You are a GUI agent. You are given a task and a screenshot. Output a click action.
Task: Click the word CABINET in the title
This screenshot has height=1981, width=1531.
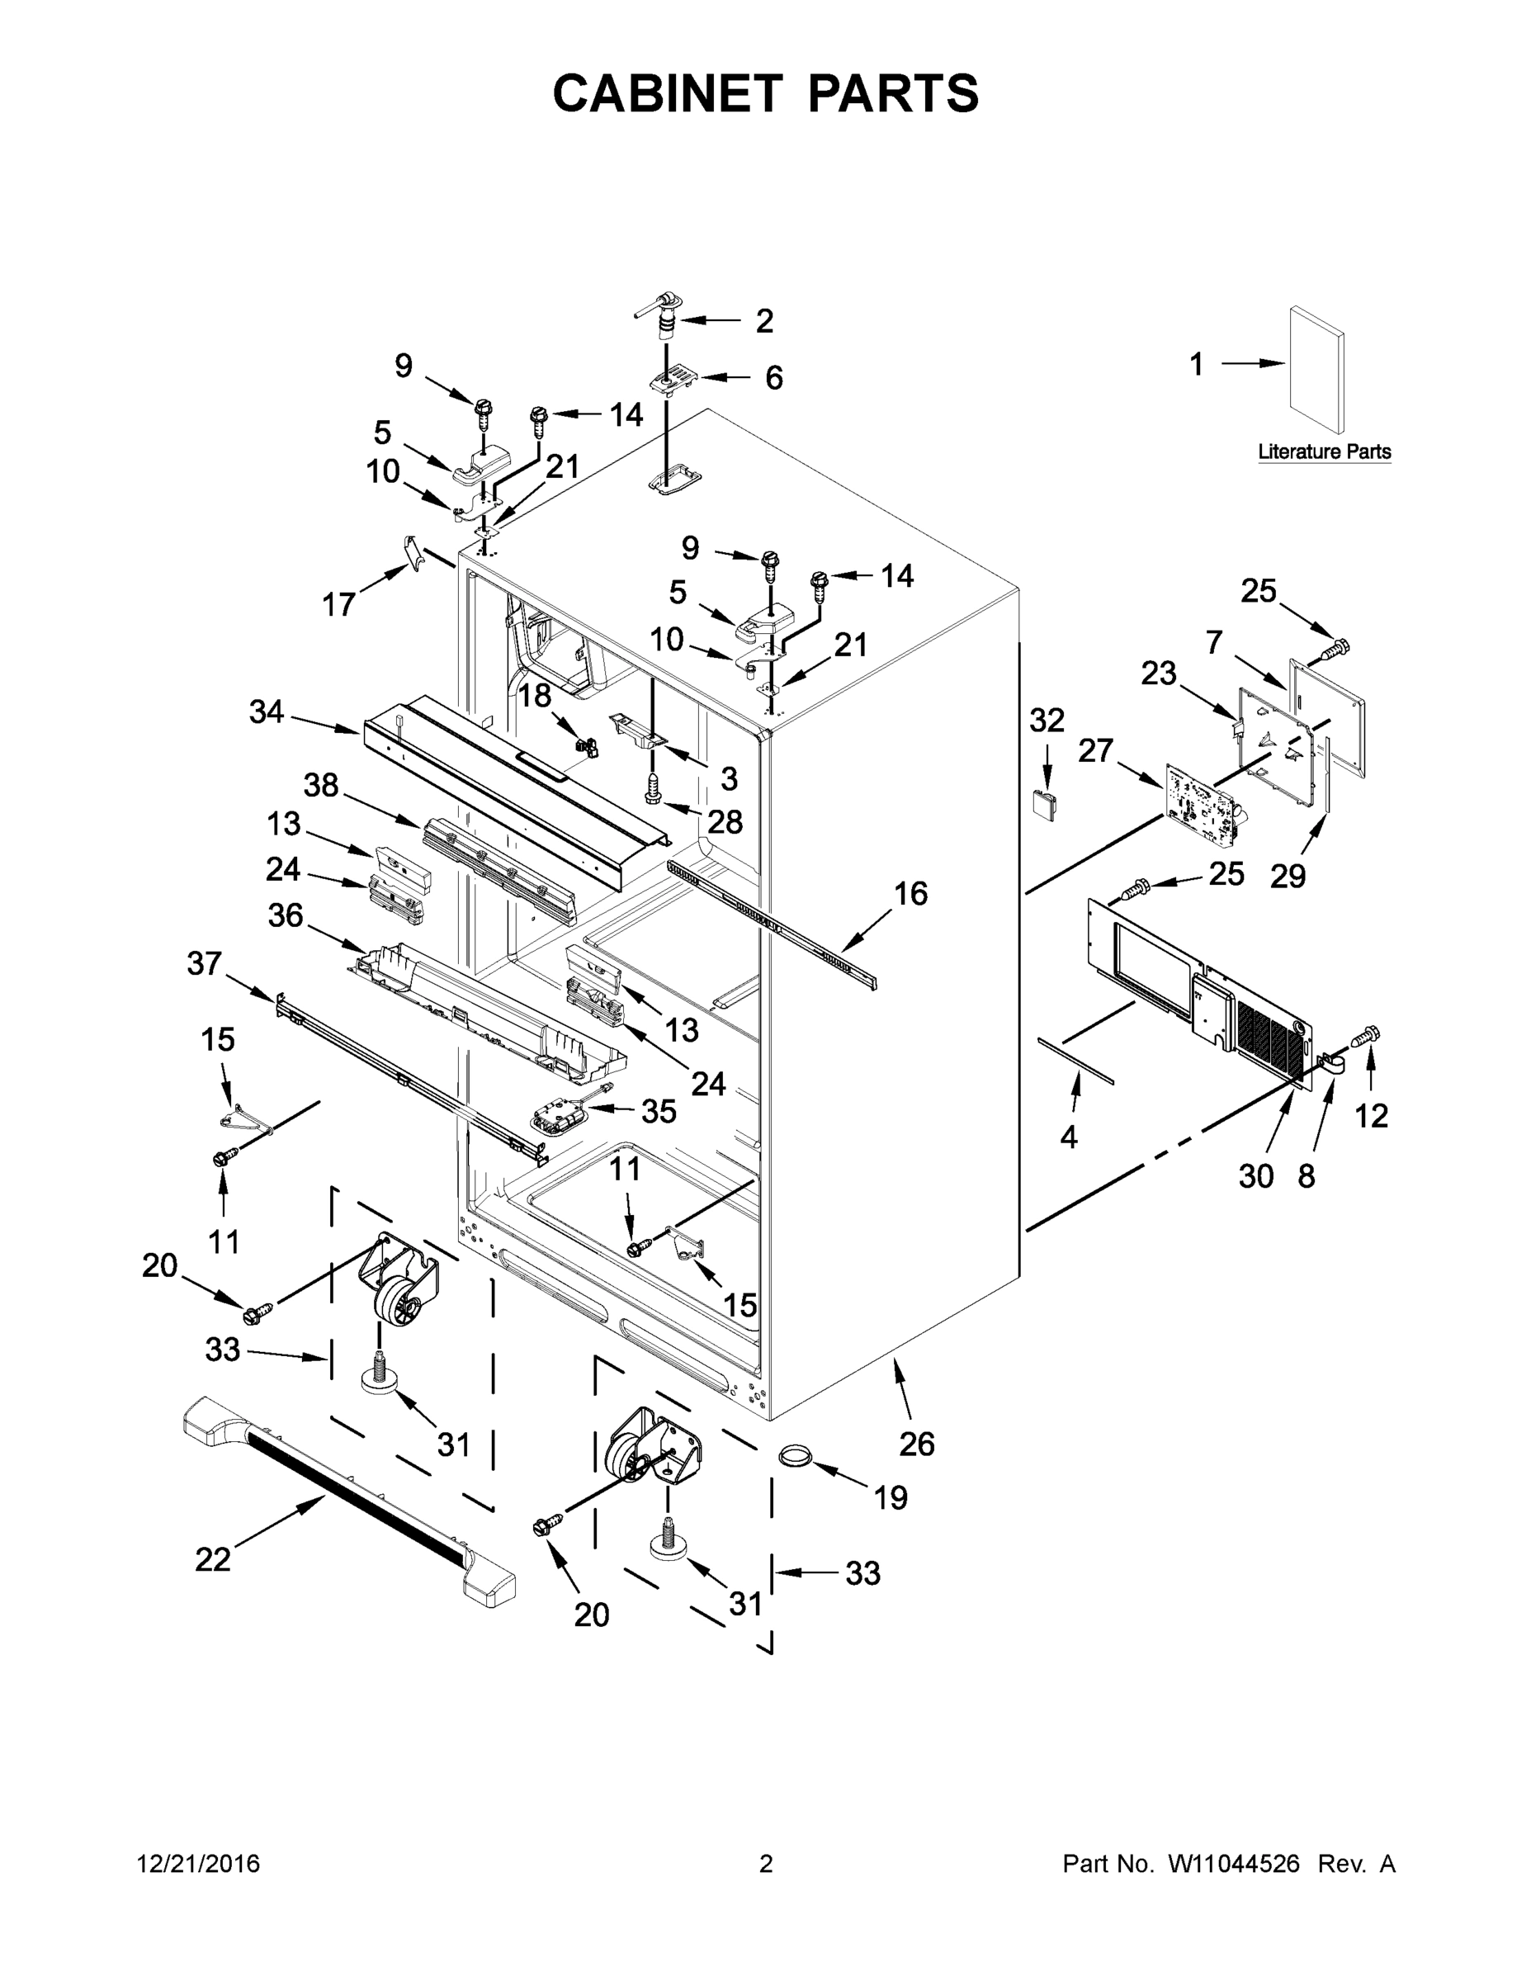point(668,93)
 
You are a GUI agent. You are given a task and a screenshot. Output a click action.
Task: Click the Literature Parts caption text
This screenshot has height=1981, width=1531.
point(1323,451)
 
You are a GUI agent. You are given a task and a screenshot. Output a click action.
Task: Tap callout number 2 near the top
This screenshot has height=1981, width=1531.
point(763,321)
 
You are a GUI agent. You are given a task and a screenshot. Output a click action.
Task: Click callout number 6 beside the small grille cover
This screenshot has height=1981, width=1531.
point(773,377)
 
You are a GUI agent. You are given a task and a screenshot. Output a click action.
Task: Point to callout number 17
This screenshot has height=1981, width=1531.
point(338,604)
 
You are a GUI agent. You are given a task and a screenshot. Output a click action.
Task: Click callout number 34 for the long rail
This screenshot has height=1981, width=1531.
point(267,712)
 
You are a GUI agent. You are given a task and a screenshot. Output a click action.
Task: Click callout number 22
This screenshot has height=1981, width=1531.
point(213,1559)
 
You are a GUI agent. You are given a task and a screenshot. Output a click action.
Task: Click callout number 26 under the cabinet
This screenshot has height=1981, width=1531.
point(916,1443)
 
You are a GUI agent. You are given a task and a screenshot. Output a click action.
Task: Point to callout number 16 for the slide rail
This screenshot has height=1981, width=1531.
point(910,893)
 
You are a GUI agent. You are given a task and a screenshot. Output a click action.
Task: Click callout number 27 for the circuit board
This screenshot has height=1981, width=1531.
point(1094,751)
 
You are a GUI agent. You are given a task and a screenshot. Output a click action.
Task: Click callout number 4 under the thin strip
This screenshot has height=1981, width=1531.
point(1069,1137)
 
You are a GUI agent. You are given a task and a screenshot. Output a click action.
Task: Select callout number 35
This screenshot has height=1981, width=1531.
point(659,1110)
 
